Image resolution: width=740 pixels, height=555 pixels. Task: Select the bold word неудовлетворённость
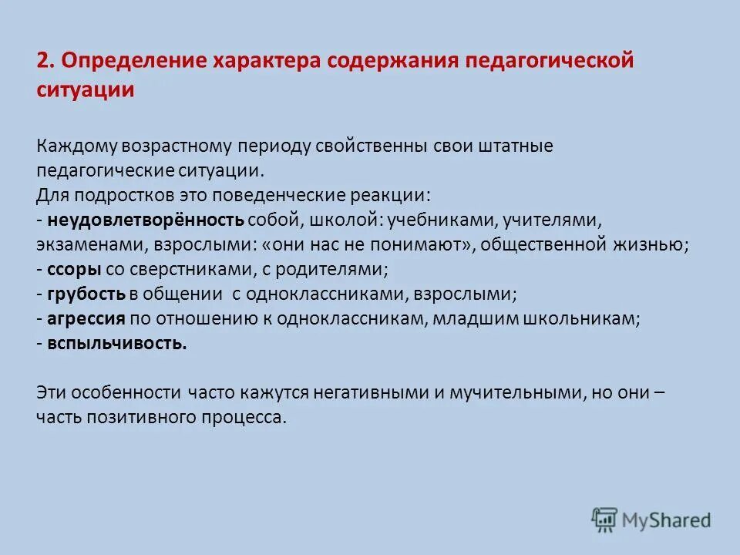(x=146, y=220)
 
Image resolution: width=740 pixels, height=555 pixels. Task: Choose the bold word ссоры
(x=72, y=270)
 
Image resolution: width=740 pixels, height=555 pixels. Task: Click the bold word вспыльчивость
(x=116, y=344)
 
